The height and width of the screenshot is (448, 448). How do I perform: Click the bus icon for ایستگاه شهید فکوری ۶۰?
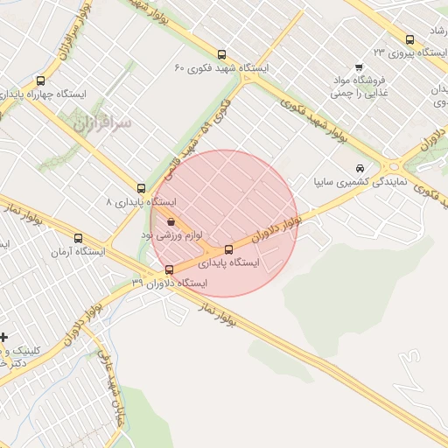pos(221,54)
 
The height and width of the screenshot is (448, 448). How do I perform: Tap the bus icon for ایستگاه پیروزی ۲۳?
pos(410,39)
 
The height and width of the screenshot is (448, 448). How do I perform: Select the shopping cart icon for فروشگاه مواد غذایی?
pos(359,68)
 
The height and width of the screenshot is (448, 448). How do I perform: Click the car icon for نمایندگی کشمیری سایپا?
pos(360,168)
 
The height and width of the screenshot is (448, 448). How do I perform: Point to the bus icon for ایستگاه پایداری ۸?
pos(142,188)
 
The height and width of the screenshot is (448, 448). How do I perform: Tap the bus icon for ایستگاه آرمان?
pos(79,238)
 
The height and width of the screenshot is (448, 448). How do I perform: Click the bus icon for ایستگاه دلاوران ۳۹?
pos(169,269)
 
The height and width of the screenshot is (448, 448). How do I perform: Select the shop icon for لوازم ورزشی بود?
pos(170,222)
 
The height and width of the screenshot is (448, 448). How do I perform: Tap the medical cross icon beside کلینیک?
pos(4,337)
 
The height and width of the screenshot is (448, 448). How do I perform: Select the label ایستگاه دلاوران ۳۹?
pos(169,283)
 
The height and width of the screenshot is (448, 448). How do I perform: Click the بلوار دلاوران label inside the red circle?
pos(276,229)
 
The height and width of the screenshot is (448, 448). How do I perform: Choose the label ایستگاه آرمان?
pos(78,252)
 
